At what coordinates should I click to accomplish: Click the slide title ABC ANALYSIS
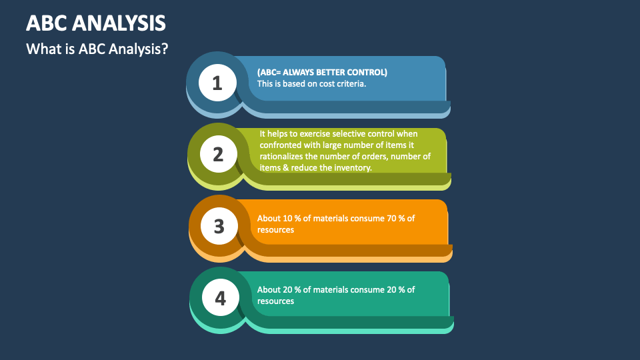pyautogui.click(x=96, y=23)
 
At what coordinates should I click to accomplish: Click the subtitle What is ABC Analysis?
pyautogui.click(x=97, y=49)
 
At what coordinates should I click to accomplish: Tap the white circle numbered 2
pyautogui.click(x=218, y=155)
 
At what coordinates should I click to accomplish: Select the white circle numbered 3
pyautogui.click(x=219, y=226)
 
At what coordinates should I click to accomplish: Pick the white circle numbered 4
pyautogui.click(x=220, y=297)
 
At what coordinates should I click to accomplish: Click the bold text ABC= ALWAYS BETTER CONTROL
pyautogui.click(x=322, y=72)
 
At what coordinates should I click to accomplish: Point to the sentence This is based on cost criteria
pyautogui.click(x=312, y=84)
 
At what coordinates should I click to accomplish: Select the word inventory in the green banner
pyautogui.click(x=355, y=168)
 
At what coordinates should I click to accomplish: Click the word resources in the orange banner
pyautogui.click(x=276, y=229)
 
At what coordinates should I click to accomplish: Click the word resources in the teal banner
pyautogui.click(x=276, y=301)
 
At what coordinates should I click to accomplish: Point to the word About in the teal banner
pyautogui.click(x=269, y=289)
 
